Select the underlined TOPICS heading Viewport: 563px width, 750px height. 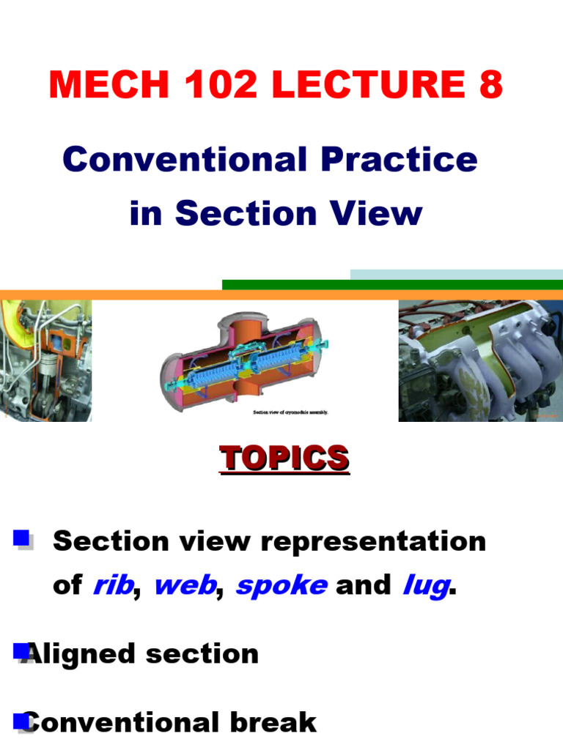[284, 458]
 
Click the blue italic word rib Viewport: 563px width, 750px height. [113, 586]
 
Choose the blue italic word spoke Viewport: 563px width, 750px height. [281, 586]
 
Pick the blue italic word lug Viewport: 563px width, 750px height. [425, 586]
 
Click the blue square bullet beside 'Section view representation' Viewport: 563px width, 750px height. [22, 541]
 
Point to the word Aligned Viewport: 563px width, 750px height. [81, 653]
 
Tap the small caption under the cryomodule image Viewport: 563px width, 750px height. [290, 412]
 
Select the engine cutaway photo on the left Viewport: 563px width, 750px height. [45, 360]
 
